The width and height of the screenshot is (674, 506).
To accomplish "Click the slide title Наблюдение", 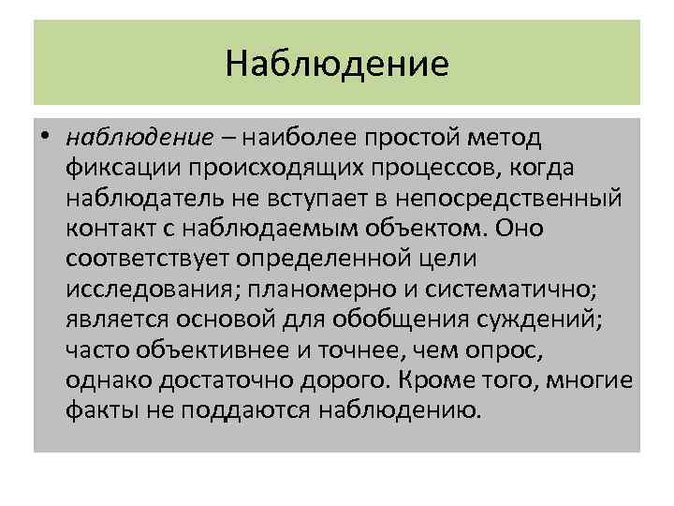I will pos(337,65).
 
